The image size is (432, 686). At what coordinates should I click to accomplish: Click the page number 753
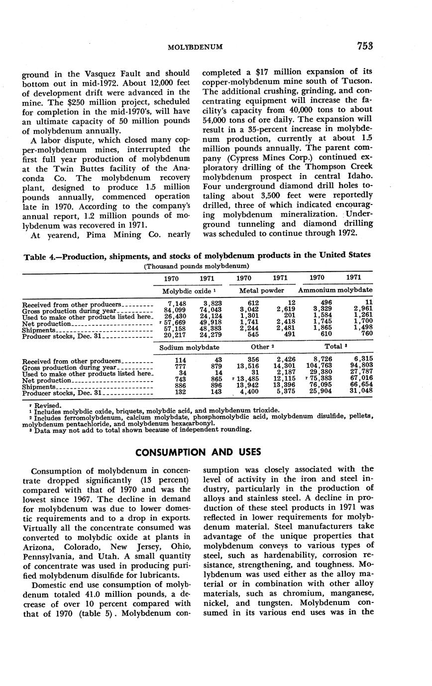pos(365,46)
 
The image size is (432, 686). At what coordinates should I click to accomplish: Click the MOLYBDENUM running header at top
pos(195,47)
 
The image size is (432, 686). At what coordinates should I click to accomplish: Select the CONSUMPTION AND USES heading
pos(198,452)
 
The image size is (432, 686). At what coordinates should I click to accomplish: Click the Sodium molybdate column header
pos(189,347)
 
